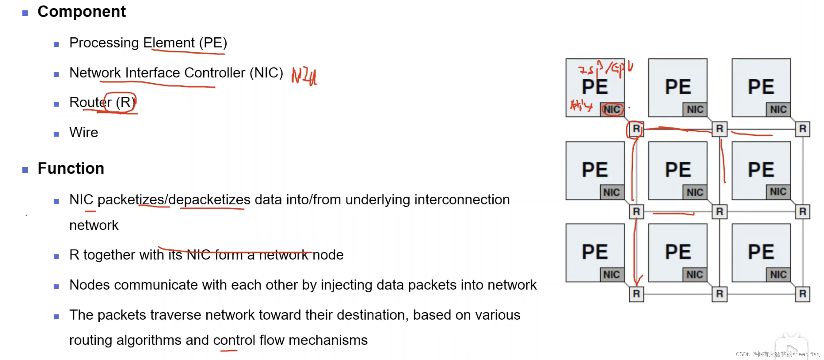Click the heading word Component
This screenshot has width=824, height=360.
point(82,12)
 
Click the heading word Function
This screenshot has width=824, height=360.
point(71,169)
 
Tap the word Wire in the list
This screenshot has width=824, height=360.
point(83,132)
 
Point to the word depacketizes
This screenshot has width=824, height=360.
point(209,200)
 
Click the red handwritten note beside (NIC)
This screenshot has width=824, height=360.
point(304,76)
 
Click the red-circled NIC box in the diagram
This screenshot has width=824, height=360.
point(612,110)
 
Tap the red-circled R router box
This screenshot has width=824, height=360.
point(636,129)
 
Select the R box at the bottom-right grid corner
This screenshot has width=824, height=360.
point(802,294)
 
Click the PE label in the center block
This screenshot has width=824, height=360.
point(678,170)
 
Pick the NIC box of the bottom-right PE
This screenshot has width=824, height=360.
point(778,275)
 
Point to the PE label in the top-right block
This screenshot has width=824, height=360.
point(761,87)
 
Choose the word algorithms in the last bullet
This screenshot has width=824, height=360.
point(149,340)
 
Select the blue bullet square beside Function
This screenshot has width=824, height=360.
point(25,169)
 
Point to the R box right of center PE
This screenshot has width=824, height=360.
point(719,211)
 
